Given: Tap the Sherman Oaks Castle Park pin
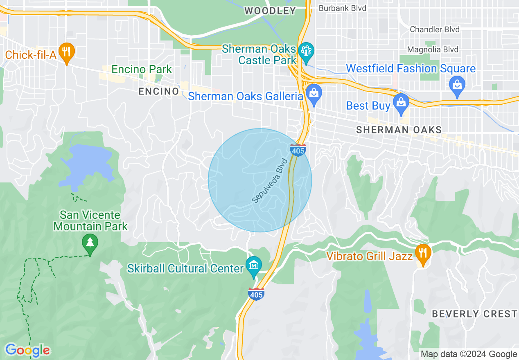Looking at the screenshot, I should click(x=306, y=52).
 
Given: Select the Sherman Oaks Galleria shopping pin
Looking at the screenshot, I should click(x=314, y=94).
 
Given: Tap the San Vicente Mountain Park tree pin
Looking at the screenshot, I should click(x=90, y=243).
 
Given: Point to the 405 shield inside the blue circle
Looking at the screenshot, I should click(x=298, y=150).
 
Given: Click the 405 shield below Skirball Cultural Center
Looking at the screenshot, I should click(x=256, y=294).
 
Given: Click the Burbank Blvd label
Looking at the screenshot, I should click(x=342, y=8).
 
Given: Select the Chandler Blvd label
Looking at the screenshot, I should click(x=435, y=29).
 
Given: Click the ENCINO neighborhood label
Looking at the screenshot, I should click(x=159, y=91).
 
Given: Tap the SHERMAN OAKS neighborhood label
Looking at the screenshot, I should click(x=399, y=130).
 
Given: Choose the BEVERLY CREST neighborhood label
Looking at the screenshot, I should click(x=474, y=314).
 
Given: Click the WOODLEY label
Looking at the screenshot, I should click(x=270, y=11).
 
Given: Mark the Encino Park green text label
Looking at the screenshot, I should click(x=142, y=70).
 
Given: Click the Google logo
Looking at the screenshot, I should click(x=27, y=350).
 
